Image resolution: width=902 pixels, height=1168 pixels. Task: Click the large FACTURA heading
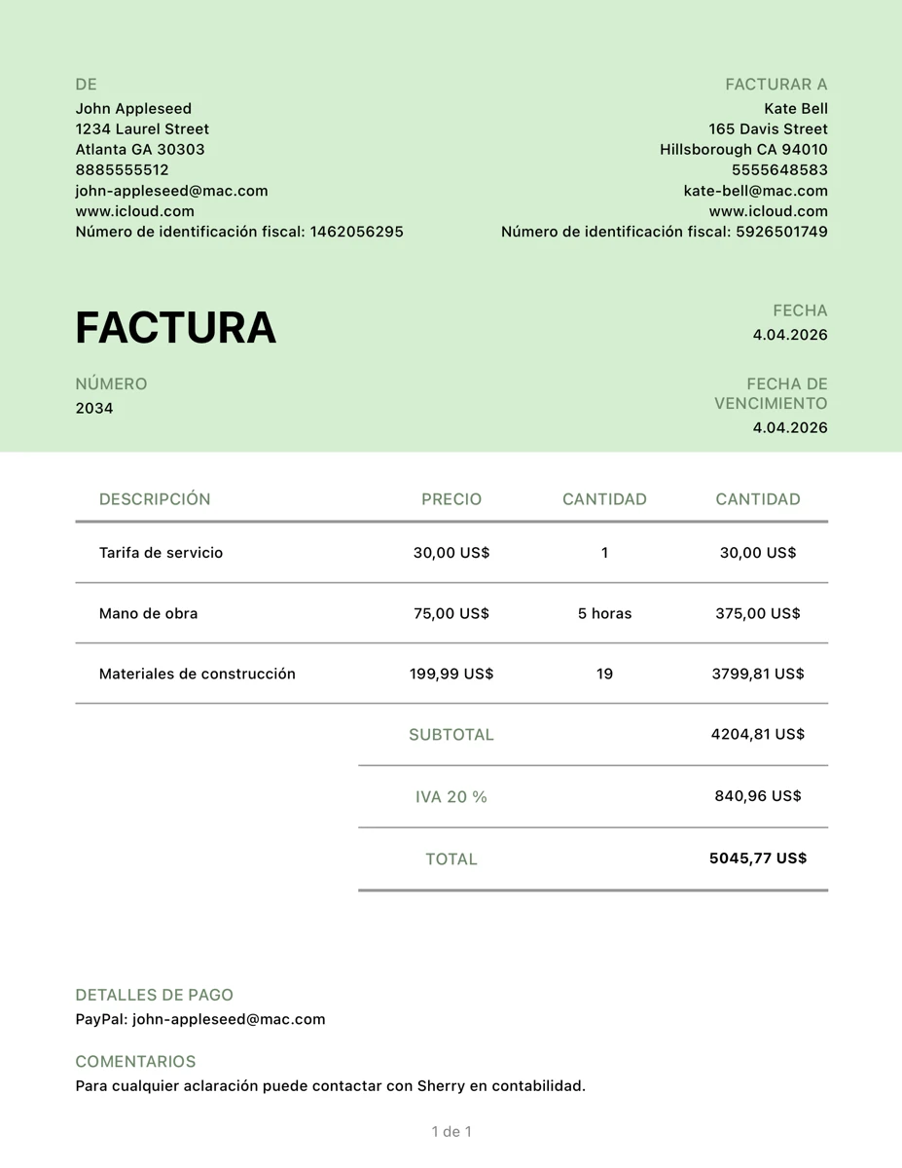point(176,328)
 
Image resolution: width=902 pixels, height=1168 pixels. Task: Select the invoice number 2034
point(94,408)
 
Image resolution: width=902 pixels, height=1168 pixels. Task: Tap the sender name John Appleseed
point(133,108)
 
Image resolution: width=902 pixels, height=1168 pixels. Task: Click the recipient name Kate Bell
point(795,108)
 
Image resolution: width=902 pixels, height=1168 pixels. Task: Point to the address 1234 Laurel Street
point(142,128)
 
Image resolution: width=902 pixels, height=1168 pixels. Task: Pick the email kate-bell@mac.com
point(755,191)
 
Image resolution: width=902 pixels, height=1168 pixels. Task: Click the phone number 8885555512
point(122,169)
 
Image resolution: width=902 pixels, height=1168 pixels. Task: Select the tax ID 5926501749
point(781,232)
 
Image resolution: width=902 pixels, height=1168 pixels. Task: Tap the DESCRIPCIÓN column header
point(155,499)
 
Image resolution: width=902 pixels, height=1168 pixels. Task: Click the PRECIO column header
point(451,499)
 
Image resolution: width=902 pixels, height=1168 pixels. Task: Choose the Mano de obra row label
point(148,613)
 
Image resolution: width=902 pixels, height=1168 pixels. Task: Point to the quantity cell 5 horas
point(604,613)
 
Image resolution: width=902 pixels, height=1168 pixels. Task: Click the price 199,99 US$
point(451,674)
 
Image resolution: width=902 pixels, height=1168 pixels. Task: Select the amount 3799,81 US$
point(757,674)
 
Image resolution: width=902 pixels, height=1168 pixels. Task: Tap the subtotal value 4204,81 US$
point(757,734)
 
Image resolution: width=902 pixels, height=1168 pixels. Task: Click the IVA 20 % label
point(451,796)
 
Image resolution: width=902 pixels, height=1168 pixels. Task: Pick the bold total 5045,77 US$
point(757,858)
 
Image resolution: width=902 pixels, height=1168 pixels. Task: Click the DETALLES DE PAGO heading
point(154,995)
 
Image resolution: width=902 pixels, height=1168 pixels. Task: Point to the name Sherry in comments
point(441,1085)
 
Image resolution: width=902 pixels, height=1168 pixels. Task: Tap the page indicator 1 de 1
point(451,1131)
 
